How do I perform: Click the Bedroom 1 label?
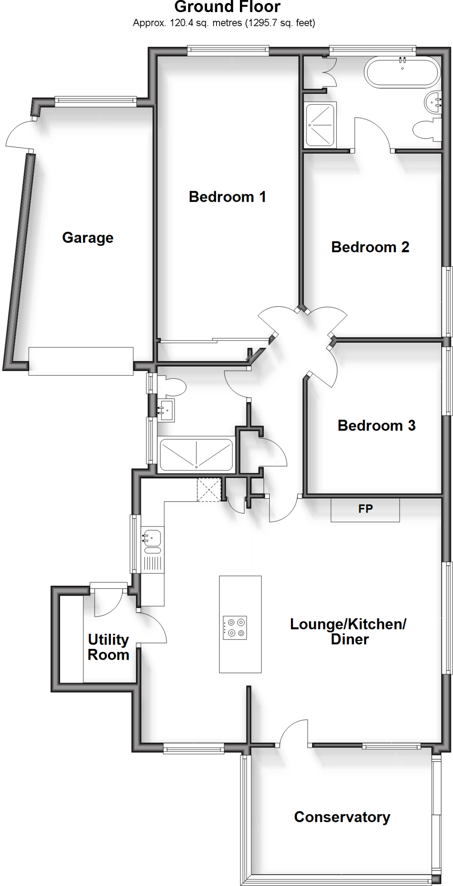pos(227,197)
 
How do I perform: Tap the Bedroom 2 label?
pos(370,247)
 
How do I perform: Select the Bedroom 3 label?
pos(376,425)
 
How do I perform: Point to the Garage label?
pos(88,238)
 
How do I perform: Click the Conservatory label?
pos(342,817)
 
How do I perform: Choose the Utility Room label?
pos(108,647)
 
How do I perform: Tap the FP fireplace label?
pos(365,509)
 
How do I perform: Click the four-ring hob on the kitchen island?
pos(235,628)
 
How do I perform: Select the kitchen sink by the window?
pos(151,538)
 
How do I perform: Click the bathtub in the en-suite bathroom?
pos(402,72)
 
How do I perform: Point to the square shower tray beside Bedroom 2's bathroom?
pos(320,125)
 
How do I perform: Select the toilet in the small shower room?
pos(172,385)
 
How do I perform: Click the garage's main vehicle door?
pos(81,361)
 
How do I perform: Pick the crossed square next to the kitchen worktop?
pos(209,490)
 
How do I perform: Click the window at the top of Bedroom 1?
pos(228,51)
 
